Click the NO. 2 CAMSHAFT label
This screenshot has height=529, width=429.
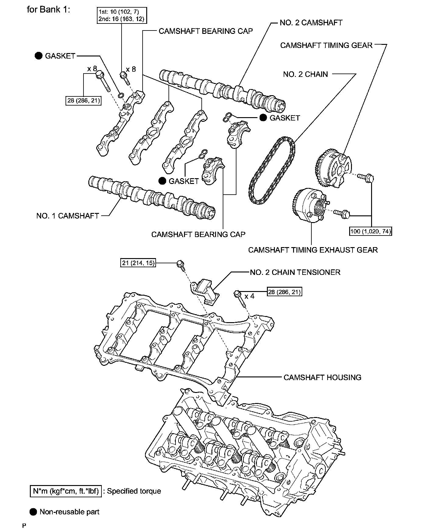pyautogui.click(x=311, y=23)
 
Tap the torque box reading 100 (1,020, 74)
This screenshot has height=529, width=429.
pyautogui.click(x=370, y=231)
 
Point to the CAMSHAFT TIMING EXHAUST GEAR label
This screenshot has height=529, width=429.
pyautogui.click(x=313, y=250)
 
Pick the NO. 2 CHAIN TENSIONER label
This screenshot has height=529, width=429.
pyautogui.click(x=295, y=272)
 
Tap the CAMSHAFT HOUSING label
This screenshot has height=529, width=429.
pyautogui.click(x=322, y=377)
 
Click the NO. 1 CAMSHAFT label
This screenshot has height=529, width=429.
pyautogui.click(x=68, y=216)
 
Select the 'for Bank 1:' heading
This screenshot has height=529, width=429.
pyautogui.click(x=49, y=9)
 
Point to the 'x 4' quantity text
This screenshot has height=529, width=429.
pyautogui.click(x=249, y=296)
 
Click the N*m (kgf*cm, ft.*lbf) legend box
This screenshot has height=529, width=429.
pyautogui.click(x=66, y=491)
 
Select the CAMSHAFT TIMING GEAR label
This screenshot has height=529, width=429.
pyautogui.click(x=326, y=45)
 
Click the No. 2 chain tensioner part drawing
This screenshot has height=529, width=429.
pyautogui.click(x=206, y=291)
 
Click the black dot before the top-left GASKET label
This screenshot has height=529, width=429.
pyautogui.click(x=38, y=56)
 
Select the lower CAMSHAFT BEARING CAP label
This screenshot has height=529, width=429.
pyautogui.click(x=198, y=234)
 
